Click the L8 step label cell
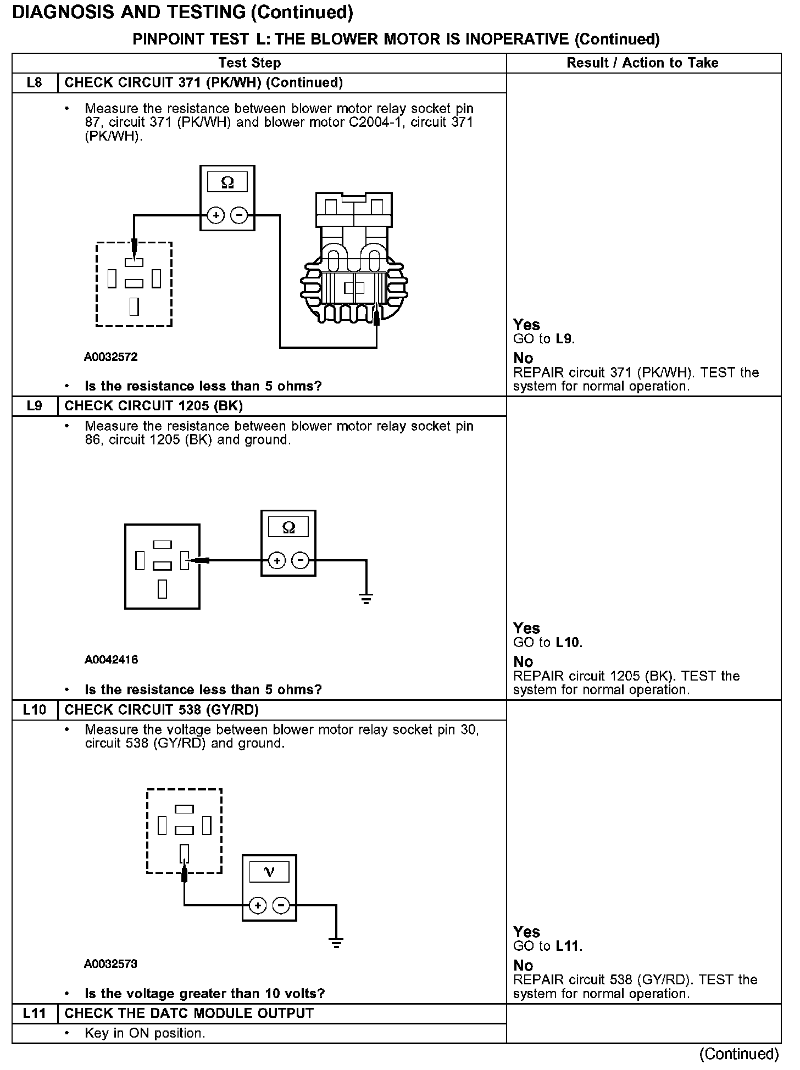(34, 83)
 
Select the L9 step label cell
(34, 406)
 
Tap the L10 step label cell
(34, 710)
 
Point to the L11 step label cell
(34, 1013)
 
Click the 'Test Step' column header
(249, 63)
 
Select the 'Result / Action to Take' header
(642, 63)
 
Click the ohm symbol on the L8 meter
(227, 182)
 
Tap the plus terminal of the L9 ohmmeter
(277, 561)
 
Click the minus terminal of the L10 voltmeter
(281, 906)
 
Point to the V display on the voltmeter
(269, 872)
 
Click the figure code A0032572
(110, 357)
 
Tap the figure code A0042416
(111, 660)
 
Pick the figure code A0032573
(110, 964)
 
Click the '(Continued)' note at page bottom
(738, 1054)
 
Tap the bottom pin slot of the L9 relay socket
(162, 589)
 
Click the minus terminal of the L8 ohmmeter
(238, 216)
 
